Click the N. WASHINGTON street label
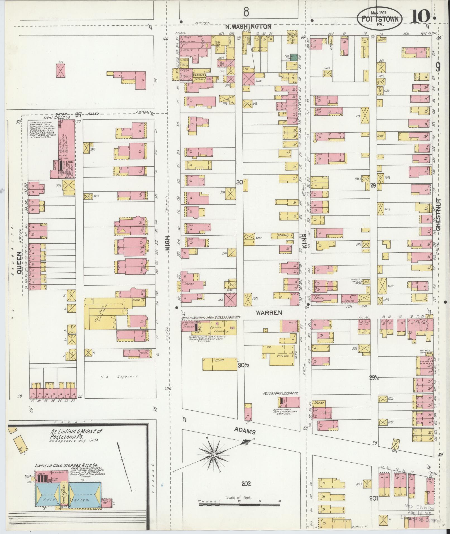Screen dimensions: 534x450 click(248, 27)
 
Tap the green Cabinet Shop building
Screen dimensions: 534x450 click(293, 57)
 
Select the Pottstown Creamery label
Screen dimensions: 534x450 click(280, 393)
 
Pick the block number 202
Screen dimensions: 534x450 click(246, 483)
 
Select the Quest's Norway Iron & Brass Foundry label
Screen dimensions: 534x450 click(211, 318)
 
